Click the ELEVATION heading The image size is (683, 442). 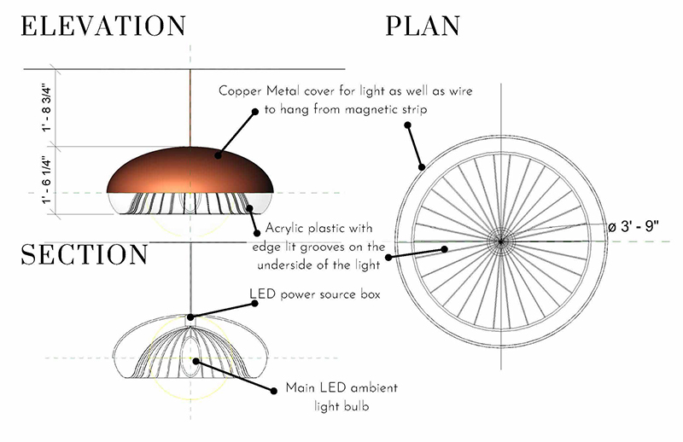(x=103, y=26)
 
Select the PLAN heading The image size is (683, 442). (x=423, y=26)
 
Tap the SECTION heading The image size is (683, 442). (x=85, y=254)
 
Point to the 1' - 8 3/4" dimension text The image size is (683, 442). (x=53, y=108)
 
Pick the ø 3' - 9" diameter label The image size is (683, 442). (x=636, y=227)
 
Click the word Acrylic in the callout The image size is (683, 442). (x=288, y=229)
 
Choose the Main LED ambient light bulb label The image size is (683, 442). (x=341, y=397)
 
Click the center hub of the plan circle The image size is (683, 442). (x=501, y=241)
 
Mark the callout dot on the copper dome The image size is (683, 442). (x=219, y=155)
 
